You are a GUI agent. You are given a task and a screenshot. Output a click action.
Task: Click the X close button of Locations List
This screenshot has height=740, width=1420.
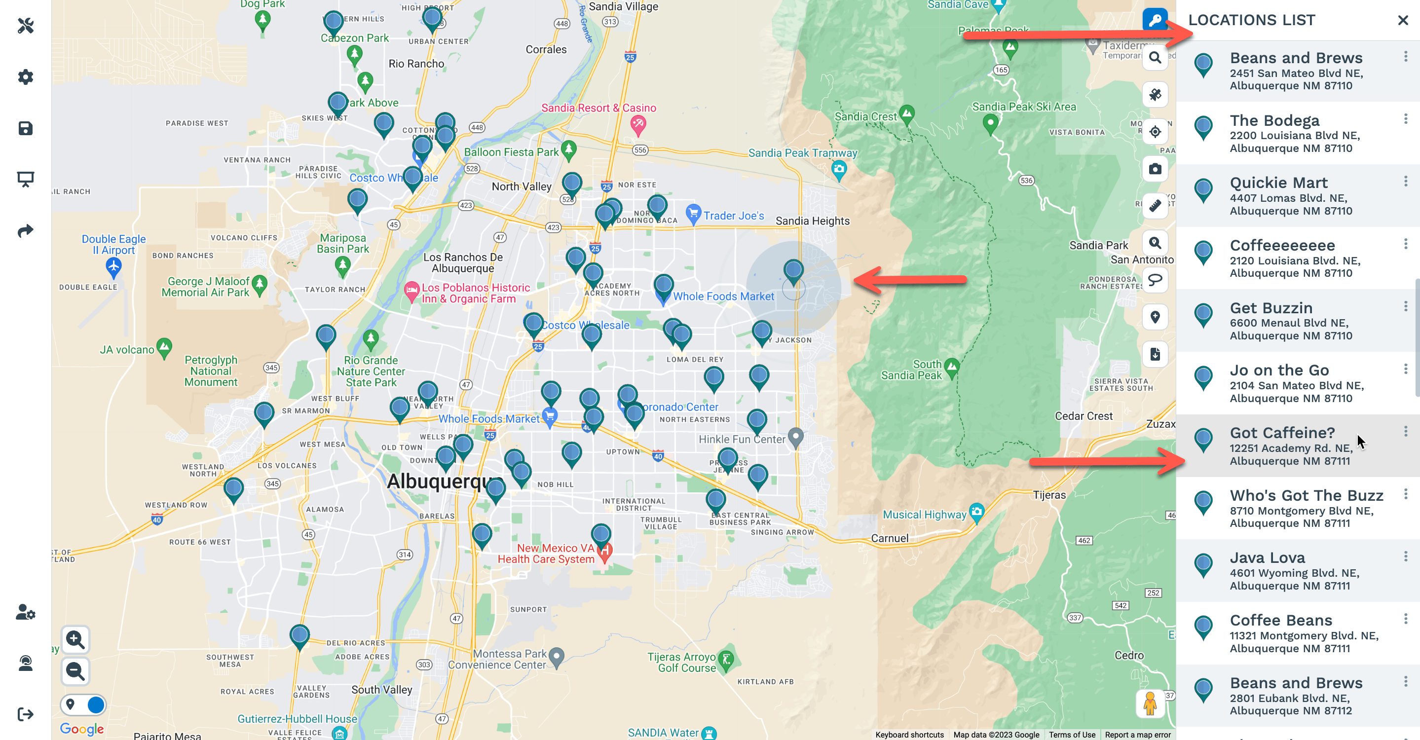coord(1402,20)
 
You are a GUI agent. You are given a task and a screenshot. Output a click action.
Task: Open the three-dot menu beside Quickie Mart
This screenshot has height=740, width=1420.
coord(1405,181)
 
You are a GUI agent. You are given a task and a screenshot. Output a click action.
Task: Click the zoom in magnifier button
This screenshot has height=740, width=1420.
coord(75,640)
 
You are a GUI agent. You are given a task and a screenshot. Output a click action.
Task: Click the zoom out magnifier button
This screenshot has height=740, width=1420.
coord(75,671)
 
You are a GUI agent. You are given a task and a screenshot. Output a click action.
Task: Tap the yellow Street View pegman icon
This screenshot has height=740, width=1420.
coord(1150,703)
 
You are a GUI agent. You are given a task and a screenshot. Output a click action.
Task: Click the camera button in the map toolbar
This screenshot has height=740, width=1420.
coord(1155,169)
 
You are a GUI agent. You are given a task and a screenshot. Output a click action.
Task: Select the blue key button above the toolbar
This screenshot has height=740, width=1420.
coord(1155,20)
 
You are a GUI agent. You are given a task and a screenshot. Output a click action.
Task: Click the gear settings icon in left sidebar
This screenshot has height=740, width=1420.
coord(25,77)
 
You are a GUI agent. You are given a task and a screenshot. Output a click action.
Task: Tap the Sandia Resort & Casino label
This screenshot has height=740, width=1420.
coord(598,108)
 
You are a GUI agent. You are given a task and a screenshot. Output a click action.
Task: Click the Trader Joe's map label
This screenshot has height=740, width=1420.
coord(733,216)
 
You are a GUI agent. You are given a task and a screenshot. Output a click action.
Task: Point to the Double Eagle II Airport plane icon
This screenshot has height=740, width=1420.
coord(113,267)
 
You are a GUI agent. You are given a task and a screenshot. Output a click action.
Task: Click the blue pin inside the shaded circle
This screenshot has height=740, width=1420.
coord(793,270)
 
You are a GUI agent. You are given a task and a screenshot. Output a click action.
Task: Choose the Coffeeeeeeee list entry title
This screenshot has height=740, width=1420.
coord(1282,245)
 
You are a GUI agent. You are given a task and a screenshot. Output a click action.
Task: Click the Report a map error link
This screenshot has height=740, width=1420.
coord(1137,735)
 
